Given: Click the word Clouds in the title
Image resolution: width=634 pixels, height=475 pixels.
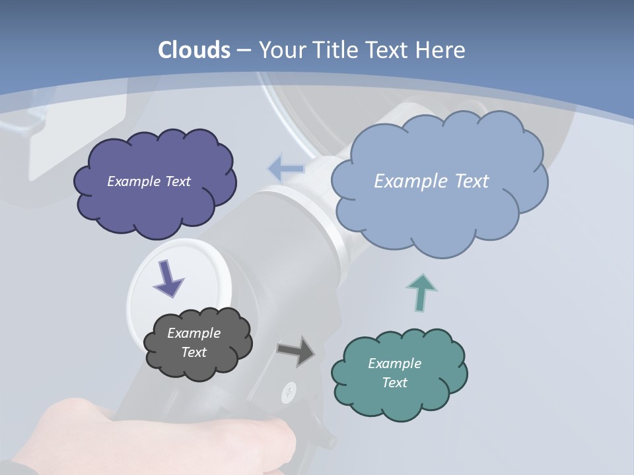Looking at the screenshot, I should [194, 50].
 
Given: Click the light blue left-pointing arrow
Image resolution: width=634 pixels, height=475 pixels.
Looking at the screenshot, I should [287, 168].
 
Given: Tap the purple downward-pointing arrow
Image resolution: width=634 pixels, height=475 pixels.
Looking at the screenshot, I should [168, 278].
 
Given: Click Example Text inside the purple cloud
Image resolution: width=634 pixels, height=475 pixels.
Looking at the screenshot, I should [149, 181].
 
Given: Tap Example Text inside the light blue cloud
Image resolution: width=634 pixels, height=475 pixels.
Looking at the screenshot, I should [431, 181].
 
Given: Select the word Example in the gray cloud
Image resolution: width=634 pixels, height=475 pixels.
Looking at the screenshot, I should [194, 333].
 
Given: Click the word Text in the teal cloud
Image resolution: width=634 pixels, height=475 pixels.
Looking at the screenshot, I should [394, 383].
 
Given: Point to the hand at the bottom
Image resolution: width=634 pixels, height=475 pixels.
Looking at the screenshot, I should [165, 439].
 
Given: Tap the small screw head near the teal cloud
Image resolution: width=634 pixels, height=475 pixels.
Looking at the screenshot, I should [289, 393].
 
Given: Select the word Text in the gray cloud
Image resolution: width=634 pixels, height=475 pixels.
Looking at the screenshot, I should [194, 352].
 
